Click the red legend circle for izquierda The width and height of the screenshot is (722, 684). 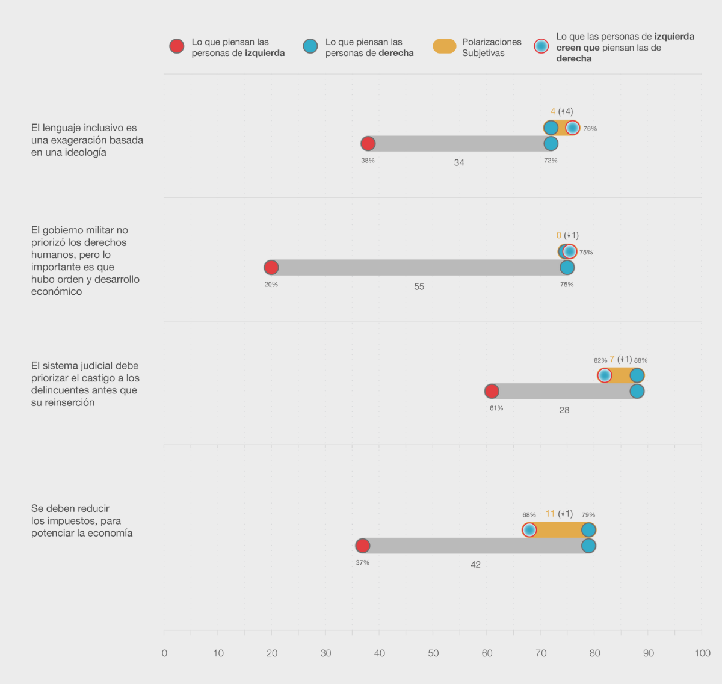(177, 46)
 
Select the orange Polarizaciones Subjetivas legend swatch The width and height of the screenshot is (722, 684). (445, 46)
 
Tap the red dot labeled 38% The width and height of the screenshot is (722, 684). (368, 144)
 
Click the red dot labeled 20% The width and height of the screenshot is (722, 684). (271, 268)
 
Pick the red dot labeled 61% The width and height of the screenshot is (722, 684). (492, 391)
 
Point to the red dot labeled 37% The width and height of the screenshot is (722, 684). (363, 546)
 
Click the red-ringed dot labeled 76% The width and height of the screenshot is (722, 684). (573, 128)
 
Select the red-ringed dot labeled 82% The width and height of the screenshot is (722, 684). (605, 375)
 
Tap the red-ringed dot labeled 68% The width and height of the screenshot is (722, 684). (529, 530)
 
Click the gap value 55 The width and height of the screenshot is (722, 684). (419, 286)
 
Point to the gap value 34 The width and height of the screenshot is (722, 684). (459, 163)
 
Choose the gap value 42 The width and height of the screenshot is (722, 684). (475, 565)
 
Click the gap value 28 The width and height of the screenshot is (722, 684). (564, 410)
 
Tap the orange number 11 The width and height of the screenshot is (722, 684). (550, 514)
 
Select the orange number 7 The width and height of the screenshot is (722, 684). (612, 359)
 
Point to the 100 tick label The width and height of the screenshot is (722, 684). (702, 653)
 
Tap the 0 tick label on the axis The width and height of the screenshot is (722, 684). (164, 653)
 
